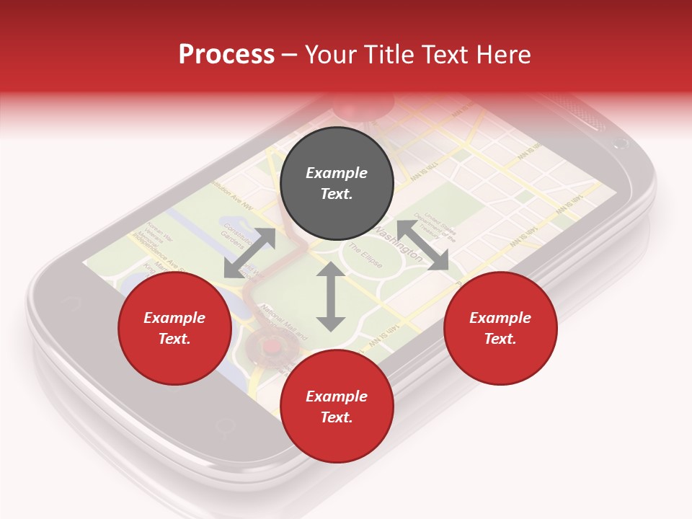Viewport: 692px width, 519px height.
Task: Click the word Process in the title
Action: pos(226,54)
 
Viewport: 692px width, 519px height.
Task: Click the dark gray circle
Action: pos(337,184)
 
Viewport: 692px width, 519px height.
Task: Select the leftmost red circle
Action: pos(174,329)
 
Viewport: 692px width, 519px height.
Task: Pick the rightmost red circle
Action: pos(500,329)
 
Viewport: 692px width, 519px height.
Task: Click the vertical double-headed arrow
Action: pos(331,296)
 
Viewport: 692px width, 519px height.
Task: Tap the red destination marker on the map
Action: pos(271,347)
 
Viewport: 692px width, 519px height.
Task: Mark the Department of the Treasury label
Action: pos(440,224)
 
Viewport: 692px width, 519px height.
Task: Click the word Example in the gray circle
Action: pos(337,173)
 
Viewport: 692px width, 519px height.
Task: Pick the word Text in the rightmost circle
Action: pos(500,339)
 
